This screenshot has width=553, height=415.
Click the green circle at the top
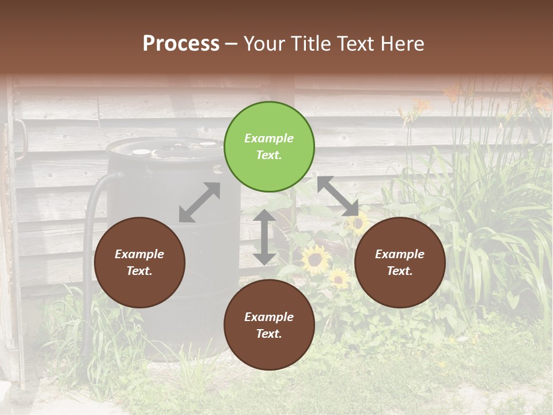coord(269,147)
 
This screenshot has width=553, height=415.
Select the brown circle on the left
coord(139,262)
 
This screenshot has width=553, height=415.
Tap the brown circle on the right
coord(400,262)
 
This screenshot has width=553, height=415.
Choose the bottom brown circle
coord(269,325)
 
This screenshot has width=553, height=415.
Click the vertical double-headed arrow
coord(264,237)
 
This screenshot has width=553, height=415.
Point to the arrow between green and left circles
coord(199,202)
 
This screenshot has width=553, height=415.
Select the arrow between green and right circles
coord(338,196)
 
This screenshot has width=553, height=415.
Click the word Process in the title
coord(181,43)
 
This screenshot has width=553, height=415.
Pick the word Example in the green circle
coord(269,138)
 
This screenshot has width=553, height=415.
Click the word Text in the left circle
coord(139,271)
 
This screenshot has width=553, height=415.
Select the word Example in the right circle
coord(400,254)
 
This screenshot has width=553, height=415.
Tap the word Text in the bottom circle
coord(269,334)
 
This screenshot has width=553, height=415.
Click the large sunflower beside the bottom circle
coord(315,259)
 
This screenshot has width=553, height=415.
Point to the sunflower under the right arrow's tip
coord(358,222)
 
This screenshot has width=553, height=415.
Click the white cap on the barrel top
coord(141,152)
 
